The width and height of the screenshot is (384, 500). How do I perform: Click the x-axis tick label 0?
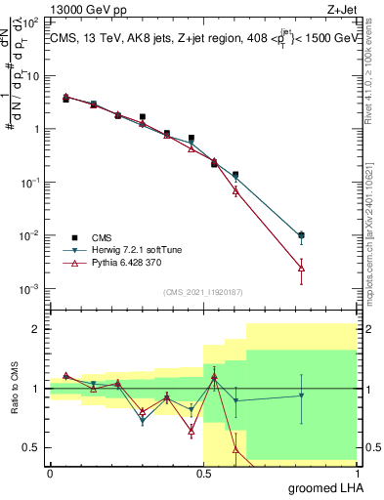pyautogui.click(x=50, y=473)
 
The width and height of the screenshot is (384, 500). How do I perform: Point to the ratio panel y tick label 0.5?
pyautogui.click(x=31, y=448)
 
